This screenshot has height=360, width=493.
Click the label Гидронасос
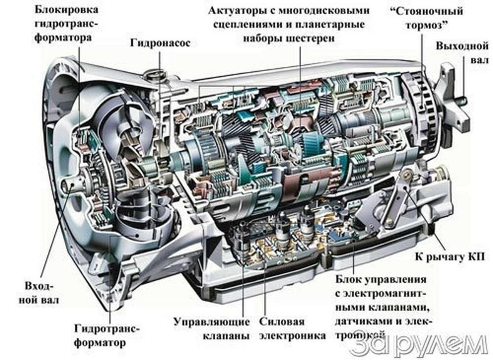[160, 42]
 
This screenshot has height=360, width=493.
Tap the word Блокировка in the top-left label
[65, 8]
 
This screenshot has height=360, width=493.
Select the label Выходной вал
[462, 53]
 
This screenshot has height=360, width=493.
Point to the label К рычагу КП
[449, 256]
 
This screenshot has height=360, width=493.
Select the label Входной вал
[39, 293]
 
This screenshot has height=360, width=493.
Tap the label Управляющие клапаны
[211, 328]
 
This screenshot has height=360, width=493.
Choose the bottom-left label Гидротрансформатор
[107, 335]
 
